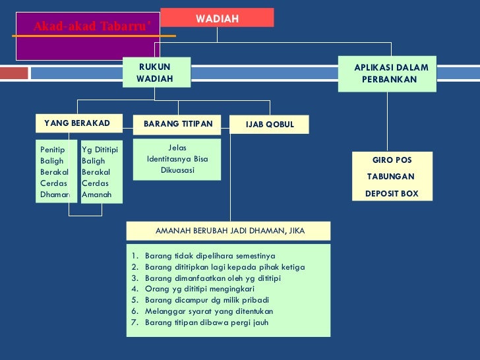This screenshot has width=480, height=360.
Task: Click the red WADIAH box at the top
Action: [x=217, y=18]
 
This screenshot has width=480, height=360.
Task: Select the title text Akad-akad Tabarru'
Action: [x=92, y=26]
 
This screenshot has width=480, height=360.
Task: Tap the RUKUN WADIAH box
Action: [x=156, y=73]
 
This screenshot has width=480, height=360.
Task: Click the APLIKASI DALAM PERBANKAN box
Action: [x=390, y=73]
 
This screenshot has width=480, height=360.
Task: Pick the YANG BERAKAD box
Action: [x=76, y=123]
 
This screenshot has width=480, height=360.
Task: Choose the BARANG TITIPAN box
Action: [x=177, y=124]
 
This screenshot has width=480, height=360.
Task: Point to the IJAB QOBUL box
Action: [x=269, y=125]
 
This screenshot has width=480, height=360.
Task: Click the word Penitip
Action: [x=52, y=150]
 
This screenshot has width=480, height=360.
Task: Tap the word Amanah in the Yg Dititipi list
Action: [x=96, y=195]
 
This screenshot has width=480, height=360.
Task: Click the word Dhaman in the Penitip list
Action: [x=54, y=195]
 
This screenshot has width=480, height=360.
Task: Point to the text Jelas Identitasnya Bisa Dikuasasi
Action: [x=177, y=159]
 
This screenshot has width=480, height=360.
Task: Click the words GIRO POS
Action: [x=392, y=160]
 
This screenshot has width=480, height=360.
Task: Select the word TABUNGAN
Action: [x=390, y=177]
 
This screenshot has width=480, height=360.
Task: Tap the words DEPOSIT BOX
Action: [x=391, y=194]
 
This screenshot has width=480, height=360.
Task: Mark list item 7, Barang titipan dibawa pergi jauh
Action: [x=206, y=322]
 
